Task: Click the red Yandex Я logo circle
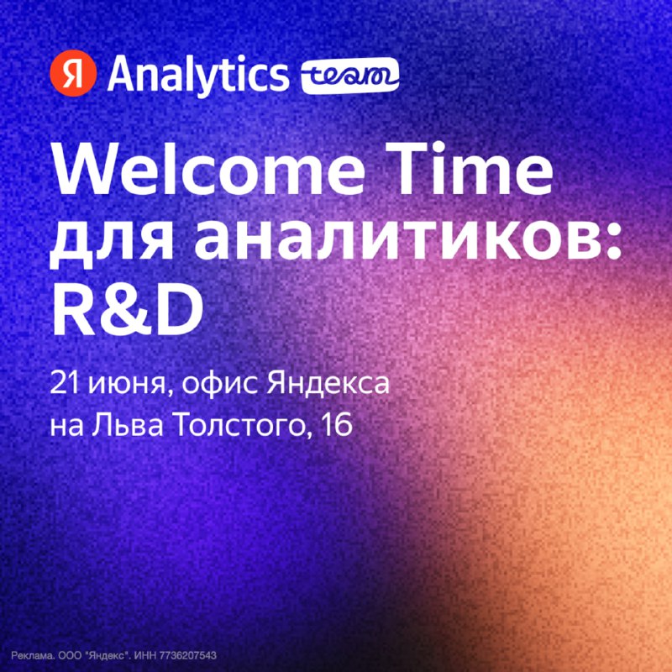point(73,73)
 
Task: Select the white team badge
point(350,76)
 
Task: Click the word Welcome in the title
point(207,168)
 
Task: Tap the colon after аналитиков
point(613,243)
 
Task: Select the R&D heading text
point(127,308)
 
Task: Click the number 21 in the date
point(65,383)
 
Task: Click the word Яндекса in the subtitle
point(328,383)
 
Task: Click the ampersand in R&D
point(118,308)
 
